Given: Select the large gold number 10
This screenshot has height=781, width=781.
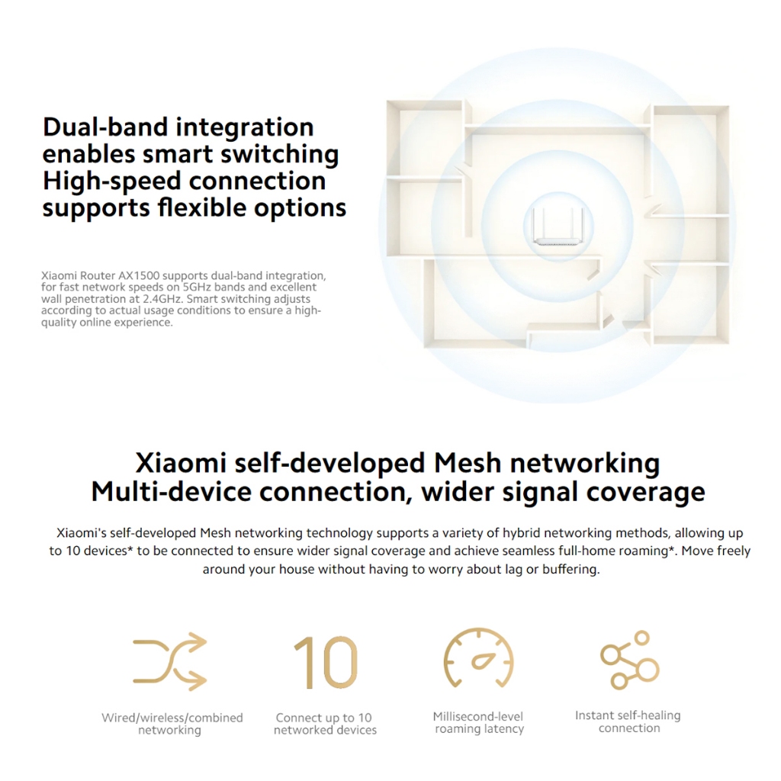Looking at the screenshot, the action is [326, 662].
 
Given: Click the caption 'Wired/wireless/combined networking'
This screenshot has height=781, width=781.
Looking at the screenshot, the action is [172, 724].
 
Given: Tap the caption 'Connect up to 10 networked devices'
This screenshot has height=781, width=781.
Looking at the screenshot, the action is [325, 724].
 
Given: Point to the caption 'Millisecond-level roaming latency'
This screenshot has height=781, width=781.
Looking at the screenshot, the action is [479, 723].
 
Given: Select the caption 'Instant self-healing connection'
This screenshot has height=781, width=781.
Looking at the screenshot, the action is [628, 722].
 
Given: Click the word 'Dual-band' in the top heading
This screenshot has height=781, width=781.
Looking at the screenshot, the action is [105, 127].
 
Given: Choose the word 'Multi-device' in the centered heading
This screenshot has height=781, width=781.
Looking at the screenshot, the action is [172, 492].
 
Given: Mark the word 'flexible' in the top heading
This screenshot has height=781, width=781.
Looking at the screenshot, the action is [201, 207].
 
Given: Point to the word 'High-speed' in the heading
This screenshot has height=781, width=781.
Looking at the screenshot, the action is [111, 182].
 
